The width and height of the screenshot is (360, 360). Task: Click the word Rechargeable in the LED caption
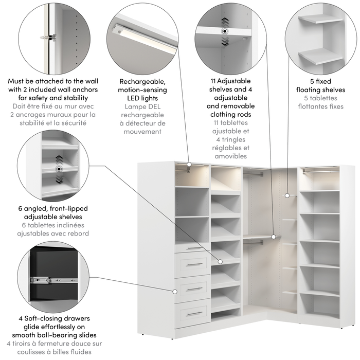click(x=142, y=81)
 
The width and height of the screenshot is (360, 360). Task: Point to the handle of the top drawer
click(x=194, y=248)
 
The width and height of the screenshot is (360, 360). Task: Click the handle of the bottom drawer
click(x=194, y=313)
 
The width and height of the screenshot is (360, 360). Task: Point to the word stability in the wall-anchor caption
click(x=79, y=98)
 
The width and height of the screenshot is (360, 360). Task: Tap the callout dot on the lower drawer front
click(x=175, y=291)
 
